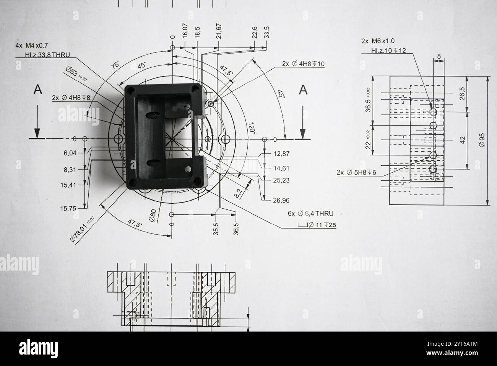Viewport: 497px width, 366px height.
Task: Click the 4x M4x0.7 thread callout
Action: coord(32,46)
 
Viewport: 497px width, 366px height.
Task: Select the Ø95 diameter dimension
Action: coord(482,140)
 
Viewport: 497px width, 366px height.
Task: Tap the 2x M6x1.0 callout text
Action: coord(378,41)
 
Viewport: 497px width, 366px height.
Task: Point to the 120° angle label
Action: coord(252,127)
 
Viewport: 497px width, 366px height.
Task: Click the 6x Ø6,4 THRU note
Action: coord(310,214)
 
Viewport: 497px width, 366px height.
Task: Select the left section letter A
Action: coord(37,90)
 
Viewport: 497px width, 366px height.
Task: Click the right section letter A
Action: coord(303,90)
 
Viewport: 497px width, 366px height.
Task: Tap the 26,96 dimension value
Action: coord(281,200)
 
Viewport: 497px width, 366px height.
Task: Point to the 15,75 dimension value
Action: coord(68,208)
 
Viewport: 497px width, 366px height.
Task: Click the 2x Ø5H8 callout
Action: coord(356,173)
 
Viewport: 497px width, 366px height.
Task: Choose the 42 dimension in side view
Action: coord(463,140)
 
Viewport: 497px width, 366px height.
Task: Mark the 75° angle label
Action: coord(115,65)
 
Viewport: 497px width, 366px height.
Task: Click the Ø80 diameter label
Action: coord(152,216)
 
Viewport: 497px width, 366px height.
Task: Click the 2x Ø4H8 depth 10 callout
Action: coord(303,64)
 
